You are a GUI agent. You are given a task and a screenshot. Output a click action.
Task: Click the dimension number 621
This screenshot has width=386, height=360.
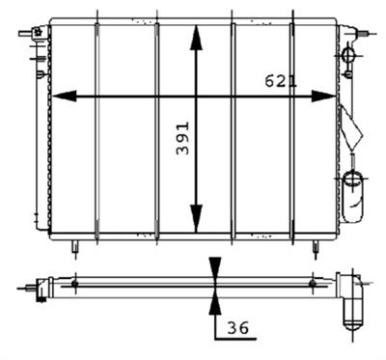(281, 82)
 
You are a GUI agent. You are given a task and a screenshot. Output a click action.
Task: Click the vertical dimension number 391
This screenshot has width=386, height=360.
(182, 141)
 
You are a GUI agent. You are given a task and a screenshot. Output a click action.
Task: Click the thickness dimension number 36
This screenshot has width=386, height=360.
(238, 329)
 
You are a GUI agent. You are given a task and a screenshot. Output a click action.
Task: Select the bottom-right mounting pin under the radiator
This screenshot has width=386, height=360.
(315, 248)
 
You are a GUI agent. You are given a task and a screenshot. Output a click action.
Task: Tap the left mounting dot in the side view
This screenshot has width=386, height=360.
(75, 284)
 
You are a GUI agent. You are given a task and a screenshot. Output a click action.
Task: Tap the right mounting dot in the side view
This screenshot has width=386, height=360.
(312, 284)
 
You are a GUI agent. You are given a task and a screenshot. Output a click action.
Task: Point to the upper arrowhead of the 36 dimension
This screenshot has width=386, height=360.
(213, 264)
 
